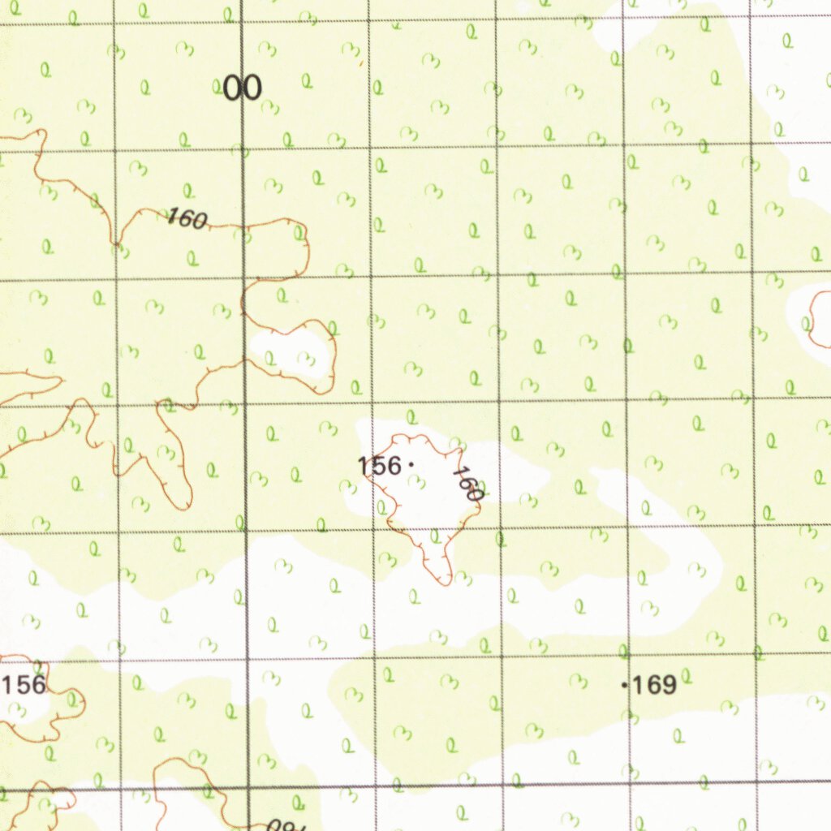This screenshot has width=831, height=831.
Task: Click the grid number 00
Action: [242, 88]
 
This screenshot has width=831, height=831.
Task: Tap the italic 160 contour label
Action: [187, 218]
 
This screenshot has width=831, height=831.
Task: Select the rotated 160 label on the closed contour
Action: [467, 483]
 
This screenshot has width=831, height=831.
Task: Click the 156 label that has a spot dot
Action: [380, 466]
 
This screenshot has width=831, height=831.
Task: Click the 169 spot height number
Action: [654, 686]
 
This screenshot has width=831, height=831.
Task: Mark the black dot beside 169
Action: [624, 686]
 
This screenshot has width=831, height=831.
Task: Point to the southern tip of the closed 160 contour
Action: [444, 582]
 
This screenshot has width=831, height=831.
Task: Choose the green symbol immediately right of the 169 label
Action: [686, 675]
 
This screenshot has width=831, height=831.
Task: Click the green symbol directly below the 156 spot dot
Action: [416, 484]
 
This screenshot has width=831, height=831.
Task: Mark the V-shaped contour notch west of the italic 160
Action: [118, 243]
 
